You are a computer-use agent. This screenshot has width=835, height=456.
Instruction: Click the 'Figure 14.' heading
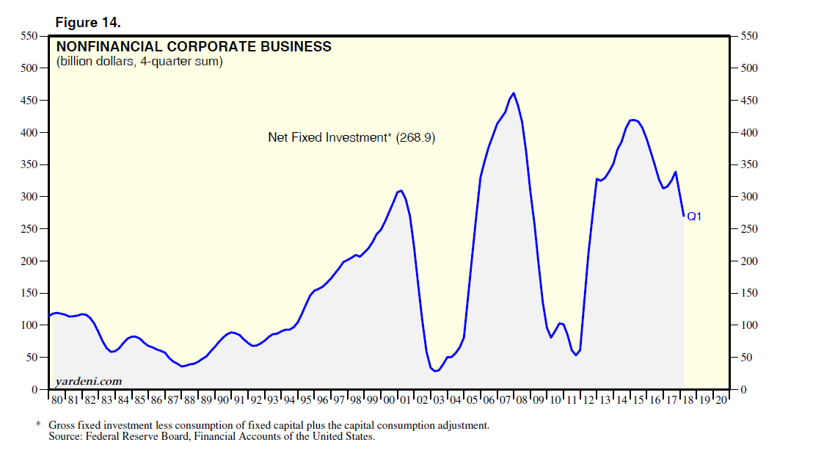tap(88, 23)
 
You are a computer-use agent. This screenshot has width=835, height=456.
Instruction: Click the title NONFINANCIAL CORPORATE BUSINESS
tap(194, 47)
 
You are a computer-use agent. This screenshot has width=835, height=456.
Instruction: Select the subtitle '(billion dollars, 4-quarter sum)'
tap(139, 62)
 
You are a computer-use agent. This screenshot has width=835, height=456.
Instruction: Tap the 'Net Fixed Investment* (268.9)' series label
tap(351, 137)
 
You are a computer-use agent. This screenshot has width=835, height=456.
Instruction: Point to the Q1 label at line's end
tap(694, 217)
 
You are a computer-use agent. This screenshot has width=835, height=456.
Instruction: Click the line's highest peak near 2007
tap(513, 93)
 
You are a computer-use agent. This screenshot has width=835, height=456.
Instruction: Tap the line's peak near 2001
tap(401, 190)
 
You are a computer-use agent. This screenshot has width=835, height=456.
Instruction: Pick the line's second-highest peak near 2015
tap(632, 120)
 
